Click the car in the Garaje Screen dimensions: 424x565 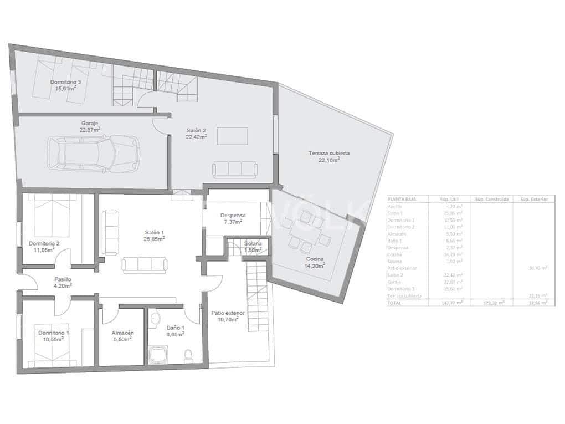click(93, 154)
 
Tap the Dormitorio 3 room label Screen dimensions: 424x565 click(65, 82)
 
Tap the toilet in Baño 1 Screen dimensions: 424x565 click(189, 354)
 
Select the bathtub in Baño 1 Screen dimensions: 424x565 click(159, 354)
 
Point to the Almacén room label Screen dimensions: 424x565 click(122, 333)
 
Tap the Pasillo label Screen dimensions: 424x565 click(63, 280)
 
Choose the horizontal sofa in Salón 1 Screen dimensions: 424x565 click(146, 265)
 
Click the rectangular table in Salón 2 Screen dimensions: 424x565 click(232, 136)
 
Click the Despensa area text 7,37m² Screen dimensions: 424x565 click(233, 222)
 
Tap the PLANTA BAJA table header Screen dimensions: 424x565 click(402, 198)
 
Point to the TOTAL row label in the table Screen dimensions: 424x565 click(394, 303)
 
